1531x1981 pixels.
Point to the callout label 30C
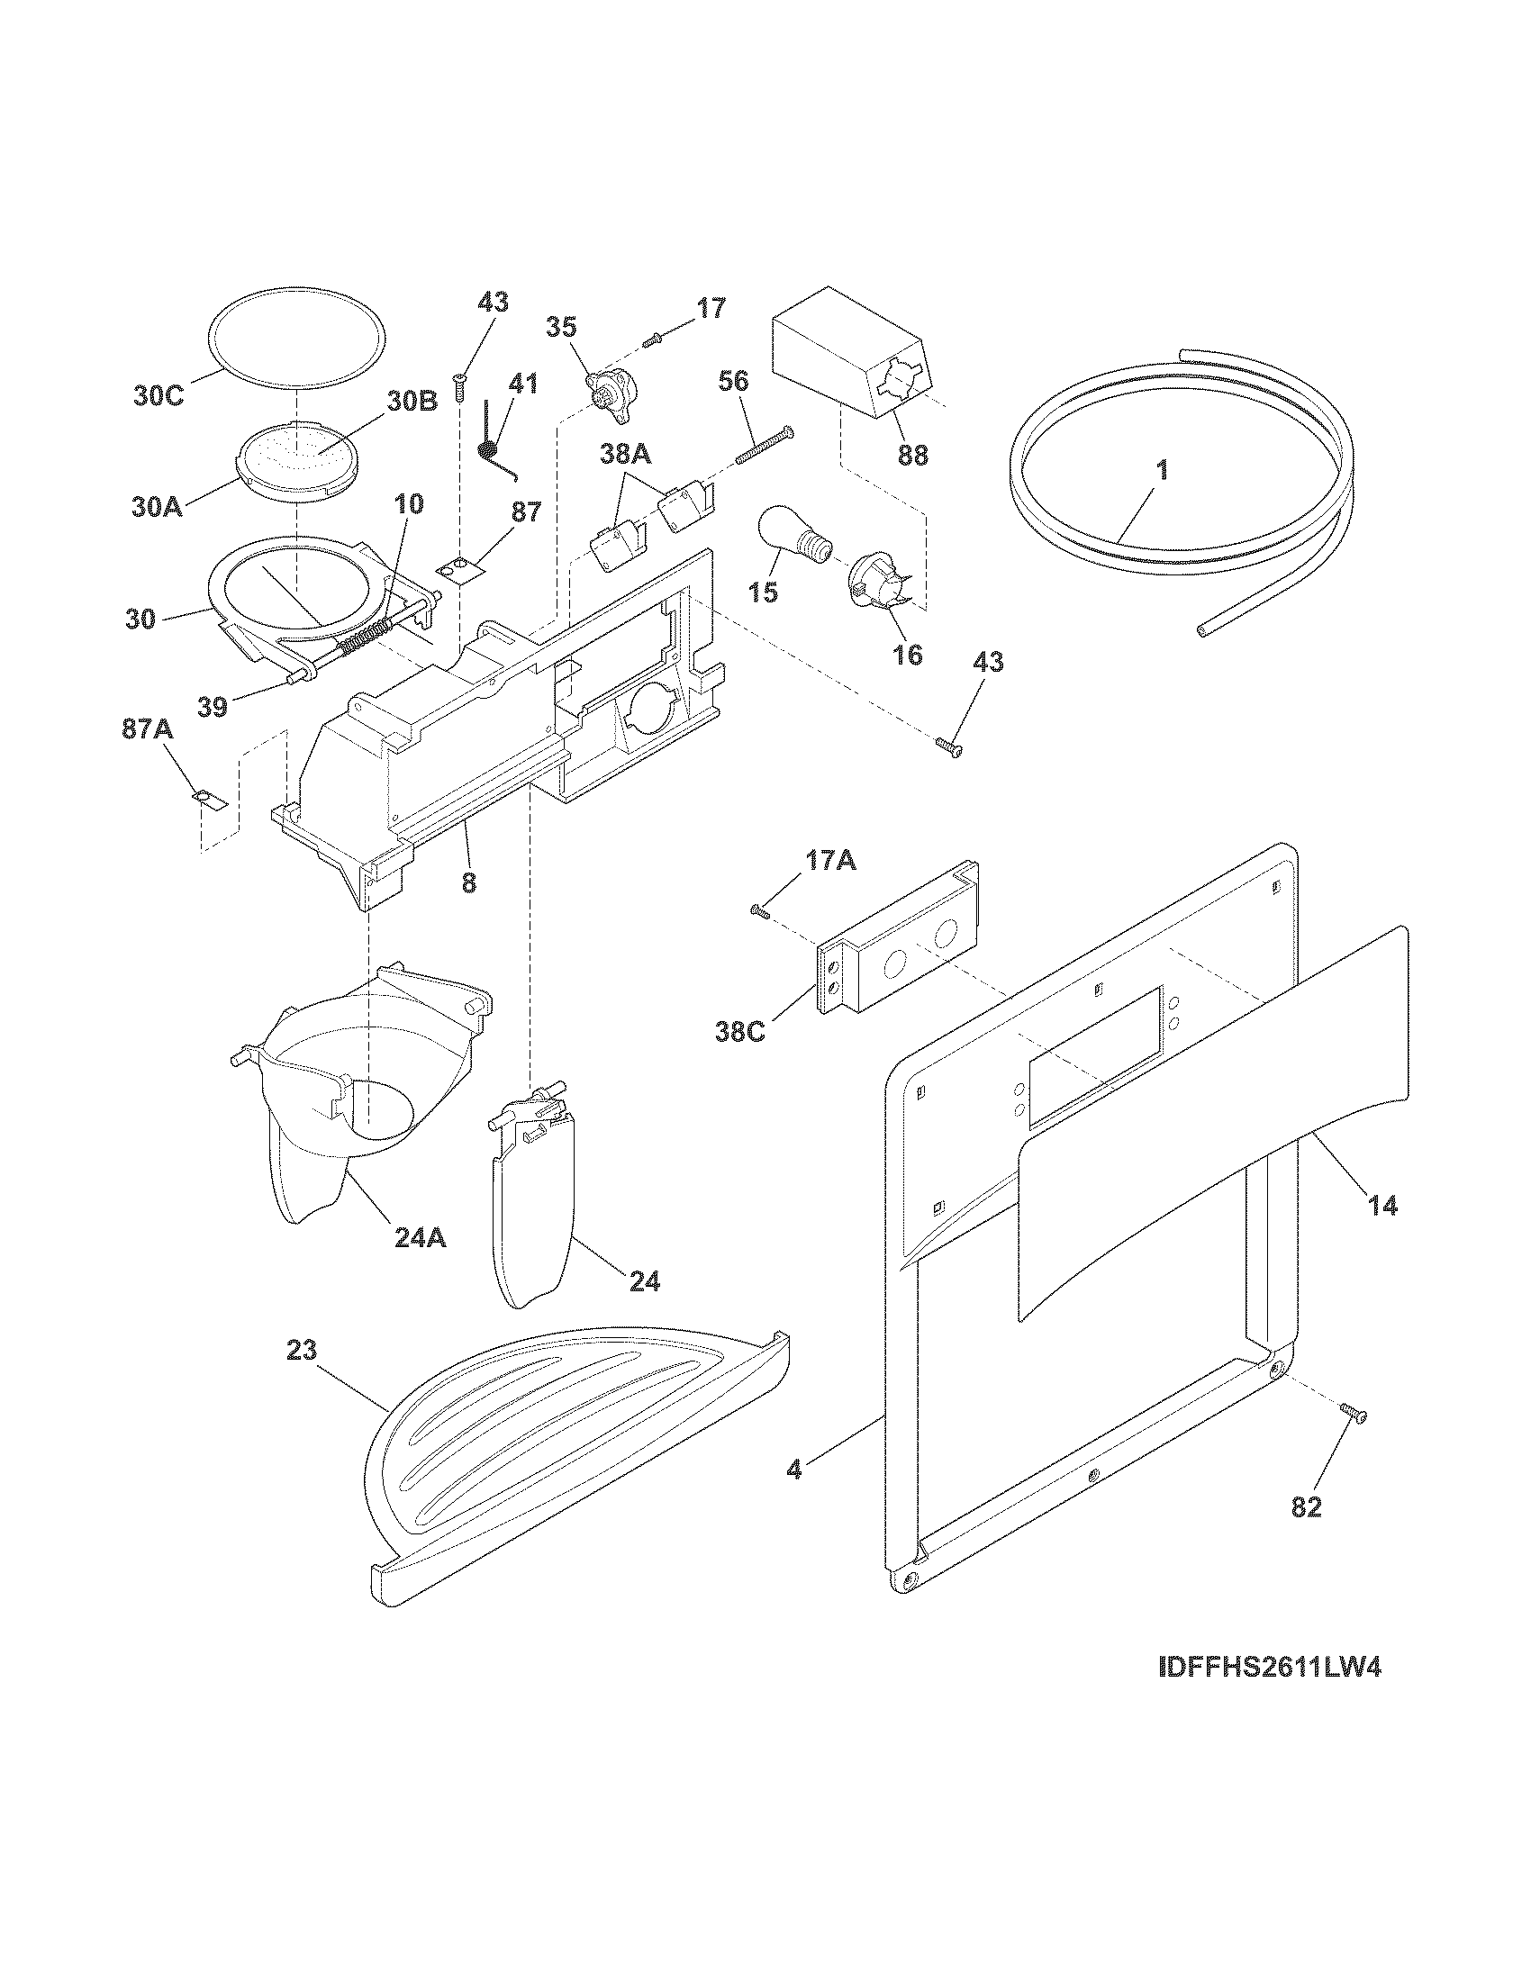[159, 396]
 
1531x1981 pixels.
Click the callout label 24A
[420, 1237]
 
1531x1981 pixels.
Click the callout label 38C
[739, 1031]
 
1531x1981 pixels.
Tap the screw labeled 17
[653, 340]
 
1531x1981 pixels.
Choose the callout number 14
[1382, 1207]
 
